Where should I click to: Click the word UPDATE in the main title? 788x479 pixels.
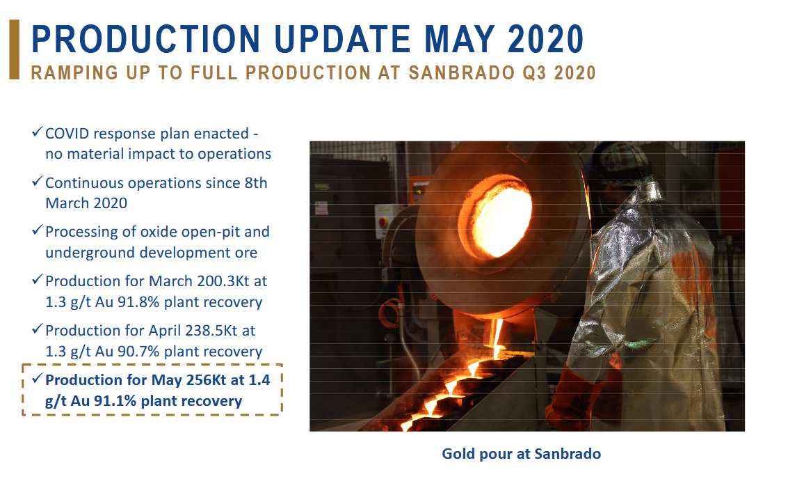tap(342, 39)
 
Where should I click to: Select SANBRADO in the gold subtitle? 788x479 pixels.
tap(461, 73)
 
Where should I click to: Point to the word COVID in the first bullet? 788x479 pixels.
tap(67, 134)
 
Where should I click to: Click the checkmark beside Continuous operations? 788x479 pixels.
tap(37, 181)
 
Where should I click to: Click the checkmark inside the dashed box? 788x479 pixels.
tap(37, 378)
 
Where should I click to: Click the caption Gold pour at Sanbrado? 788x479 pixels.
tap(521, 454)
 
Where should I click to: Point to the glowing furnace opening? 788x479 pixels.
tap(501, 216)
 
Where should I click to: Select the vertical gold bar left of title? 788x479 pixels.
tap(14, 49)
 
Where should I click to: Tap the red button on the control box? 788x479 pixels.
tap(383, 222)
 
